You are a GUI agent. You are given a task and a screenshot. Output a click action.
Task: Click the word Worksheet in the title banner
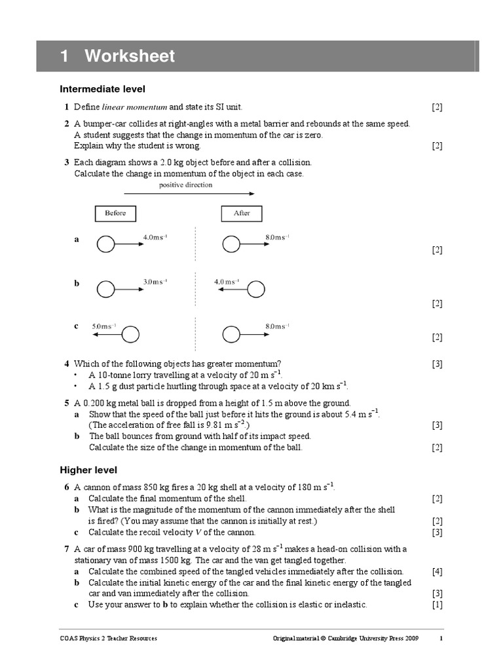pyautogui.click(x=129, y=56)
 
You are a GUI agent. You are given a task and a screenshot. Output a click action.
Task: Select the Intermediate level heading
pyautogui.click(x=102, y=88)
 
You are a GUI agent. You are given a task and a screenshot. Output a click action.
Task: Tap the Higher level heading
pyautogui.click(x=88, y=469)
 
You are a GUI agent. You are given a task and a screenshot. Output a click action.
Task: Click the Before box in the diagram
pyautogui.click(x=115, y=214)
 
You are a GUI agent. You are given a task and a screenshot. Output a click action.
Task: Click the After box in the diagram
pyautogui.click(x=242, y=214)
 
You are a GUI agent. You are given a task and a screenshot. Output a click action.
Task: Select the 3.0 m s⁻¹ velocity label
pyautogui.click(x=155, y=282)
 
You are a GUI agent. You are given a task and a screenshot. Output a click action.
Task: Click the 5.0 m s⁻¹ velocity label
pyautogui.click(x=104, y=326)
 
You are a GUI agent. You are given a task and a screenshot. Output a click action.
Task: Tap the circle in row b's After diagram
pyautogui.click(x=257, y=288)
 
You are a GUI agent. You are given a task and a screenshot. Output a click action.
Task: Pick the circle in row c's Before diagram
pyautogui.click(x=131, y=334)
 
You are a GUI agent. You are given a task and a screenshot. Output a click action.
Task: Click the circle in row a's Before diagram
pyautogui.click(x=105, y=244)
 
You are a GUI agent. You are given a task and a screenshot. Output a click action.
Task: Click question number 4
pyautogui.click(x=66, y=364)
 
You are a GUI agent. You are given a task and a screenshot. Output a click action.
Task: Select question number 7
pyautogui.click(x=66, y=549)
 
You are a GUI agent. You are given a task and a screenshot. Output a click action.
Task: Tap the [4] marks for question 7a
pyautogui.click(x=438, y=571)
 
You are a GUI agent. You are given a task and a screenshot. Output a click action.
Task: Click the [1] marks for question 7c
pyautogui.click(x=438, y=605)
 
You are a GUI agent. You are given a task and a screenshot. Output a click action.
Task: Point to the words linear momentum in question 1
pyautogui.click(x=135, y=107)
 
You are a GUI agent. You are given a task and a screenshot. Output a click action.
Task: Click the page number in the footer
pyautogui.click(x=441, y=638)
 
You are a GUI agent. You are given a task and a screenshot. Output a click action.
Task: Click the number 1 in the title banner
pyautogui.click(x=64, y=56)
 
